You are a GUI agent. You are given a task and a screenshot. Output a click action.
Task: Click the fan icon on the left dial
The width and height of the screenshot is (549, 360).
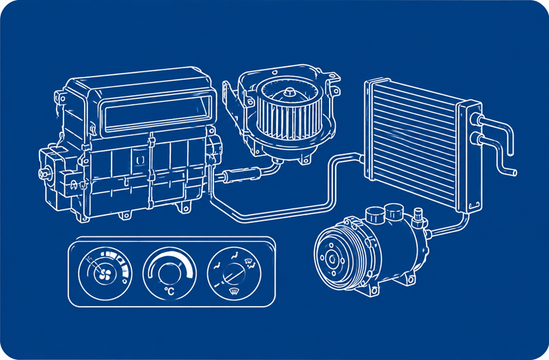[x=105, y=275]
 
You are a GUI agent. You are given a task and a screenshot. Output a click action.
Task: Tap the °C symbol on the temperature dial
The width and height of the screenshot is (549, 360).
[x=169, y=291]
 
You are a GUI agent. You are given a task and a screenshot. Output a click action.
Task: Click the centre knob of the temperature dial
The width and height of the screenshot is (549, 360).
[x=170, y=273]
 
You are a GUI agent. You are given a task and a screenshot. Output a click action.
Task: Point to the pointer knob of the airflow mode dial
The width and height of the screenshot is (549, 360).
[x=233, y=273]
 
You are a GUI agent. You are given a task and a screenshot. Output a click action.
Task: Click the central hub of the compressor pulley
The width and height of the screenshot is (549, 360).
[x=332, y=260]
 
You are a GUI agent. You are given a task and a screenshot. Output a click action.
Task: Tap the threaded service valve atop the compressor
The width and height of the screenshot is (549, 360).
[x=418, y=217]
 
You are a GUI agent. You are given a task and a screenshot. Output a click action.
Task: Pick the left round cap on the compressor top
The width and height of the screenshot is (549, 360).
[x=374, y=214]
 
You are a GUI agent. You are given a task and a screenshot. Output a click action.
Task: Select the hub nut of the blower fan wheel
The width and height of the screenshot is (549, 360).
[x=290, y=92]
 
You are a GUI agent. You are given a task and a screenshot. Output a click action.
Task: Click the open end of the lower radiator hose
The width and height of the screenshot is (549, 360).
[x=514, y=172]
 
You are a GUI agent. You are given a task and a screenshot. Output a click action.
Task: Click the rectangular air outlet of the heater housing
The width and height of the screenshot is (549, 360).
[x=157, y=113]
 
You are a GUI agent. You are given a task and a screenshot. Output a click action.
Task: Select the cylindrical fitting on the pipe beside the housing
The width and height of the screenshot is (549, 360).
[x=242, y=174]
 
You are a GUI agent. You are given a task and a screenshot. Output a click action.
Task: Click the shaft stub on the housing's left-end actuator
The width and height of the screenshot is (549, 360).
[x=43, y=174]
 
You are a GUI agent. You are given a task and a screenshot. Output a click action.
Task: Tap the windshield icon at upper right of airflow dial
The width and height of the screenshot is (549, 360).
[x=248, y=261]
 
